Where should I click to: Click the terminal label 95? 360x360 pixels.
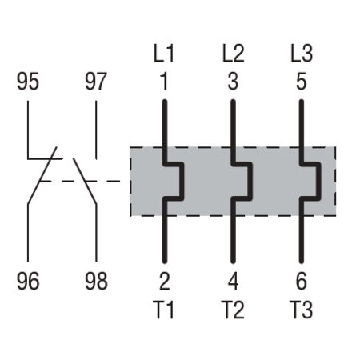point(28,82)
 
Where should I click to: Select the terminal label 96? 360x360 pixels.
point(28,281)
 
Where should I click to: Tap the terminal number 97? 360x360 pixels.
point(96,82)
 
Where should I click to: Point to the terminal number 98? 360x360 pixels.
point(96,281)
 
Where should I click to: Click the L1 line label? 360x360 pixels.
point(164,54)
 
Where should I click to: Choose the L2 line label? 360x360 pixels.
point(234,54)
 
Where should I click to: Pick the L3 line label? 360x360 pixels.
point(302,54)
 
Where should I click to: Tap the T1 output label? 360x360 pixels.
point(163,310)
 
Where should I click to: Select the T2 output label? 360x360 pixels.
point(233,310)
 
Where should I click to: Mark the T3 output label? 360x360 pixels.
point(302,310)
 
